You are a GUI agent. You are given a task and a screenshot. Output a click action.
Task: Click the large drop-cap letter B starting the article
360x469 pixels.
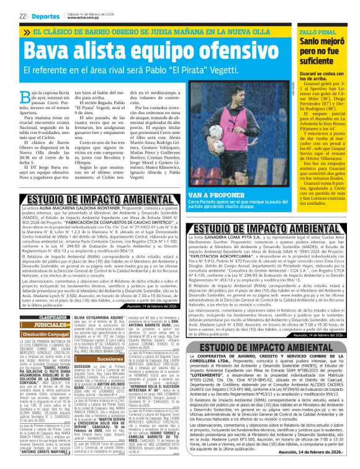[x=9, y=96]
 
